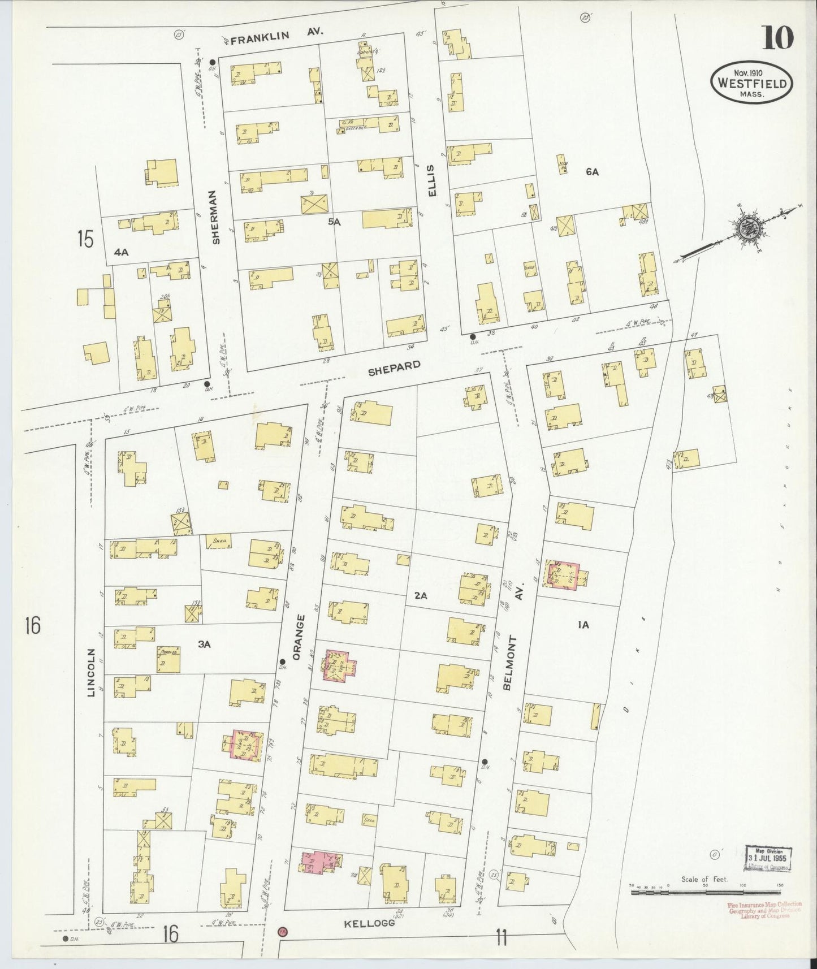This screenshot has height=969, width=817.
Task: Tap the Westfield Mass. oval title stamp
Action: (x=751, y=83)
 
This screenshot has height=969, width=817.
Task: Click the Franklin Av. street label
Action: (x=277, y=36)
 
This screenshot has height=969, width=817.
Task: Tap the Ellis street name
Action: (x=433, y=180)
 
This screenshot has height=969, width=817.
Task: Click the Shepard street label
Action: (x=394, y=368)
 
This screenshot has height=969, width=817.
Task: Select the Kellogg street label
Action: (x=368, y=924)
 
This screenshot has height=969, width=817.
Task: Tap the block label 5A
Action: (x=335, y=222)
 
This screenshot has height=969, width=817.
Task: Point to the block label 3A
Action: (x=204, y=643)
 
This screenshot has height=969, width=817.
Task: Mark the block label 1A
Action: (x=584, y=624)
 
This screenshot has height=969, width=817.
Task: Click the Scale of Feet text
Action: (x=704, y=880)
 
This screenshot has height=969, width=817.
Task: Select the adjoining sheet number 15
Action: (x=85, y=239)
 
